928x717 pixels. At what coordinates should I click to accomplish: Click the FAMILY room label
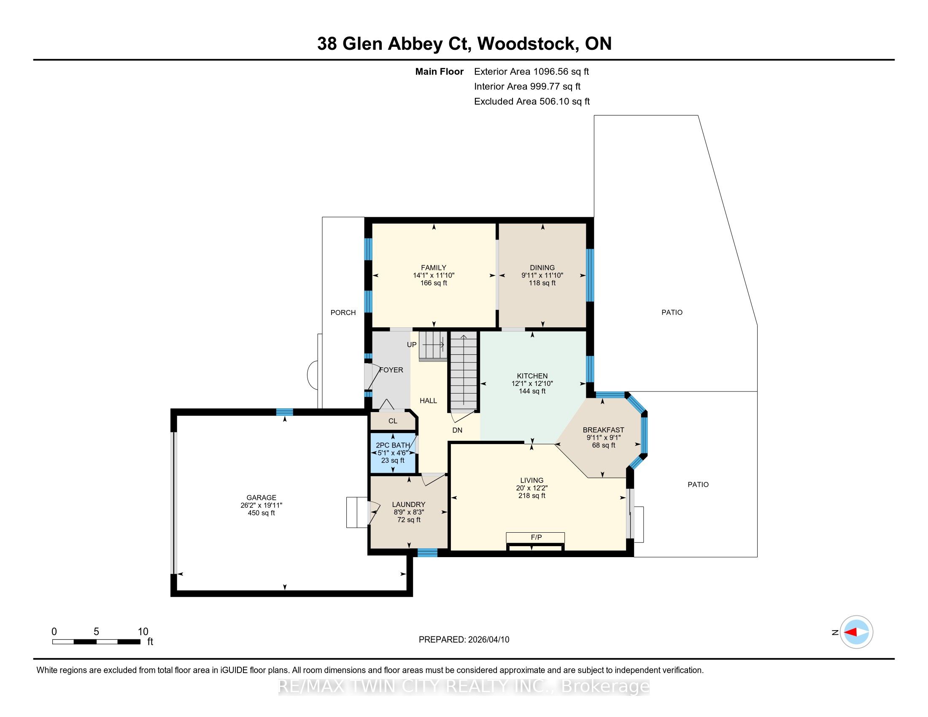tap(433, 267)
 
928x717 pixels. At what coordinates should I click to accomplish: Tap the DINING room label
tap(542, 267)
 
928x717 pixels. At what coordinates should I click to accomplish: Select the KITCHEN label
tap(532, 376)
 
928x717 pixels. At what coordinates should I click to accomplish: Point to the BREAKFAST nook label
tap(603, 430)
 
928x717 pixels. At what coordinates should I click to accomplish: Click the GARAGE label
tap(262, 497)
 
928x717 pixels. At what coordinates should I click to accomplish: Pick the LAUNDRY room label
tap(409, 504)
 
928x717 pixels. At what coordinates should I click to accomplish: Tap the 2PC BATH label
tap(393, 445)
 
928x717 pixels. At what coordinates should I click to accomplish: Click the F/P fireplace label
tap(536, 537)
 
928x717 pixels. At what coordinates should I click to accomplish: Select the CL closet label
tap(393, 421)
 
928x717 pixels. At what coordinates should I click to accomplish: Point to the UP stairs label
tap(412, 345)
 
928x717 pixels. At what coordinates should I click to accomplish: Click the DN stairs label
tap(457, 430)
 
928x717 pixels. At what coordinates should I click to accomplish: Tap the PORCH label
tap(343, 313)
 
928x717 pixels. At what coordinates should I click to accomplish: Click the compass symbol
tap(857, 632)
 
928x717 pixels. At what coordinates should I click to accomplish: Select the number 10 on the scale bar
tap(143, 632)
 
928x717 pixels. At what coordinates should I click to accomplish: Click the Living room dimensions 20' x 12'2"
tap(532, 488)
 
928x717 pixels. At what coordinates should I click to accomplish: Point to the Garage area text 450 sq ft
tap(262, 513)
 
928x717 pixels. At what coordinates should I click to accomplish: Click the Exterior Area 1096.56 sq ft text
tap(531, 72)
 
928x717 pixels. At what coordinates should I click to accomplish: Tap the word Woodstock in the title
tap(526, 44)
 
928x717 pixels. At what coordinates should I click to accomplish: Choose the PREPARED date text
tap(464, 640)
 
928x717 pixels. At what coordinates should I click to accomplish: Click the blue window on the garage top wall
tap(285, 412)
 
